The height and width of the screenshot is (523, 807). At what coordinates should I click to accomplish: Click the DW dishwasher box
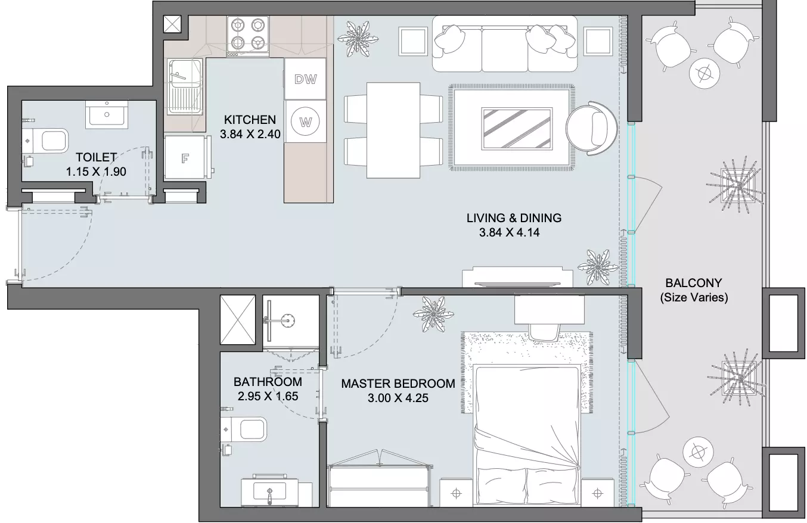tap(305, 79)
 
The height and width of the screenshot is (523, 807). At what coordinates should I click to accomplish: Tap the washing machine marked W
tap(305, 122)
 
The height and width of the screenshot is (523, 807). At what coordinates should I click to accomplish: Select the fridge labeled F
tap(185, 158)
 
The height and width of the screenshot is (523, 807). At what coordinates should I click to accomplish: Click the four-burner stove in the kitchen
tap(247, 36)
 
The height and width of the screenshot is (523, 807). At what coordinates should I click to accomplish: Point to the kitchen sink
tap(184, 87)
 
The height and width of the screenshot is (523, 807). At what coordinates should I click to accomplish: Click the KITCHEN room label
tap(250, 120)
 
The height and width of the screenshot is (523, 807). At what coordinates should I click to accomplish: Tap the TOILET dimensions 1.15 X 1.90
tap(96, 172)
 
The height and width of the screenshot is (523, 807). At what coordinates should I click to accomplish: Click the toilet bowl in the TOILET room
tap(48, 141)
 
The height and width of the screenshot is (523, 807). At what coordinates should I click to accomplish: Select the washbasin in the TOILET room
tap(107, 114)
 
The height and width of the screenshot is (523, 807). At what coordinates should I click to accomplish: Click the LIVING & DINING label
tap(514, 218)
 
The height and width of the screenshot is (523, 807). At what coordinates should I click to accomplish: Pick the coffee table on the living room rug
tap(516, 128)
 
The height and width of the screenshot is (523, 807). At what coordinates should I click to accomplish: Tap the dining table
tap(393, 130)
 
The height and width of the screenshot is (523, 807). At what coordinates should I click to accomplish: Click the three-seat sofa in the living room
tap(504, 44)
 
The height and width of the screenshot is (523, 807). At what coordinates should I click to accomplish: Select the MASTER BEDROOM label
tap(398, 384)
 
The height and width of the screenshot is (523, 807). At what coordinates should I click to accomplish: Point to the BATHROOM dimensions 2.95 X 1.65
tap(268, 396)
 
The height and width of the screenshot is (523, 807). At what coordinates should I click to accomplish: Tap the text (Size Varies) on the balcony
tap(694, 297)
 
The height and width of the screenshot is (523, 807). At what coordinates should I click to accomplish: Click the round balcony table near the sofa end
tap(704, 73)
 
